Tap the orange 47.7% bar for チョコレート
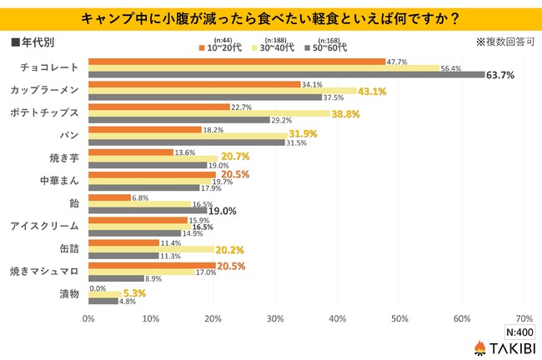click(236, 62)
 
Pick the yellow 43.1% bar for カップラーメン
click(222, 91)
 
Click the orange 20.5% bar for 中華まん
click(151, 174)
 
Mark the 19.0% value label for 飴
click(224, 212)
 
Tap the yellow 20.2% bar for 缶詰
click(150, 249)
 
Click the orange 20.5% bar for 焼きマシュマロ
click(151, 265)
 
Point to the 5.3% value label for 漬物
click(136, 294)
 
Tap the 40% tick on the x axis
click(338, 317)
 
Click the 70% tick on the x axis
click(524, 317)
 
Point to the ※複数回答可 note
click(502, 41)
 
